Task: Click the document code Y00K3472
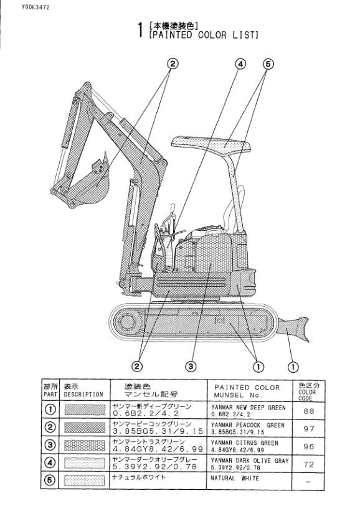click(36, 7)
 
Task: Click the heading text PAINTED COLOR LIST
click(204, 35)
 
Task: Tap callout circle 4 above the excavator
click(240, 64)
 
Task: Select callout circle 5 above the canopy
click(268, 64)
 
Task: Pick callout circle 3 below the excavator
click(191, 366)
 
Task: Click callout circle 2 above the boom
click(173, 63)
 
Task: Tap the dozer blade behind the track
click(294, 329)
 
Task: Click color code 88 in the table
click(309, 411)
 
